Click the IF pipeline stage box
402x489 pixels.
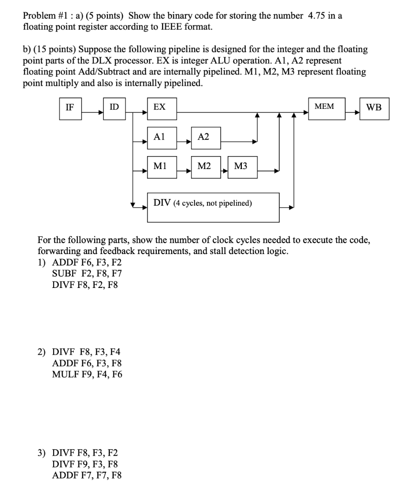point(71,108)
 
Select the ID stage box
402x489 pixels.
point(115,108)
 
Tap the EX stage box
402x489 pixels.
point(162,108)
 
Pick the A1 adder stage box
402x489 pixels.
point(162,138)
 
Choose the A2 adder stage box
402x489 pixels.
point(206,138)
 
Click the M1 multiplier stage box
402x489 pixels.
point(162,167)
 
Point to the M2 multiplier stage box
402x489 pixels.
point(206,167)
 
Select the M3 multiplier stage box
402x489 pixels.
point(242,167)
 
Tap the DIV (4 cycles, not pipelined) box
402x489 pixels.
point(213,207)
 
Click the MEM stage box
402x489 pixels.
point(327,108)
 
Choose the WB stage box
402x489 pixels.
point(375,108)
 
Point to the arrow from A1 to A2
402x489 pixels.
point(184,141)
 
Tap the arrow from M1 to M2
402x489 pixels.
point(184,171)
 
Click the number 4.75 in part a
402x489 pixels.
point(316,16)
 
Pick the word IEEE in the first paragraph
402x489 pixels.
point(171,27)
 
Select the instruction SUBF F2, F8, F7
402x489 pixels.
point(87,274)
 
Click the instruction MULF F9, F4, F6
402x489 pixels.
point(87,374)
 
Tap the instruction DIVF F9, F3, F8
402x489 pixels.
point(85,464)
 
